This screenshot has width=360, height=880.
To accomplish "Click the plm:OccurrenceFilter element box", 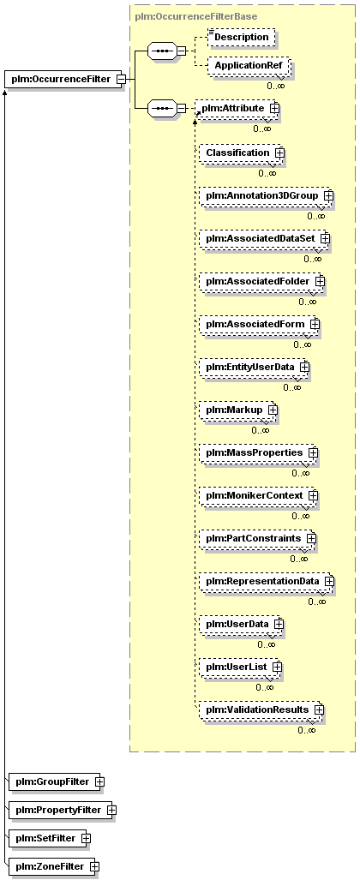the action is [65, 79].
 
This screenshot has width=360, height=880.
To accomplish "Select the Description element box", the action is [242, 37].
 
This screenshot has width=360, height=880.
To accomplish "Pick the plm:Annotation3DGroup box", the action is [267, 195].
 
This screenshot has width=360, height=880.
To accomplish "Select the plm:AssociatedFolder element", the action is [261, 281].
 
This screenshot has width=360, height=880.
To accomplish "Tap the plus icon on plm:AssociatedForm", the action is [315, 325].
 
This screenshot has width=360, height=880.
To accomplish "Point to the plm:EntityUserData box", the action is [255, 367].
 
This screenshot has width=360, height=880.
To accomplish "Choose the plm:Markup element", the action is [238, 410].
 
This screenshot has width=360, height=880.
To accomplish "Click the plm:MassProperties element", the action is [258, 452].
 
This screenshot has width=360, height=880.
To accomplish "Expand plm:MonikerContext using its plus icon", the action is [314, 496].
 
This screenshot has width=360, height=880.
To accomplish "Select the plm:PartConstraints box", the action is [258, 539].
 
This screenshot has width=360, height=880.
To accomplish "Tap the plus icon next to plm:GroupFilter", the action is [100, 781].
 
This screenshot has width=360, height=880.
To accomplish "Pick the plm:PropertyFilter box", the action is [63, 810].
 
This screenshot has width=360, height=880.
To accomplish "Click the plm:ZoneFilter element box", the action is [55, 867].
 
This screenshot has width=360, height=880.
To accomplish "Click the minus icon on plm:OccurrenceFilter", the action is [120, 79].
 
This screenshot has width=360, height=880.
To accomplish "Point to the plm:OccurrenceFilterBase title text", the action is [196, 16].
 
